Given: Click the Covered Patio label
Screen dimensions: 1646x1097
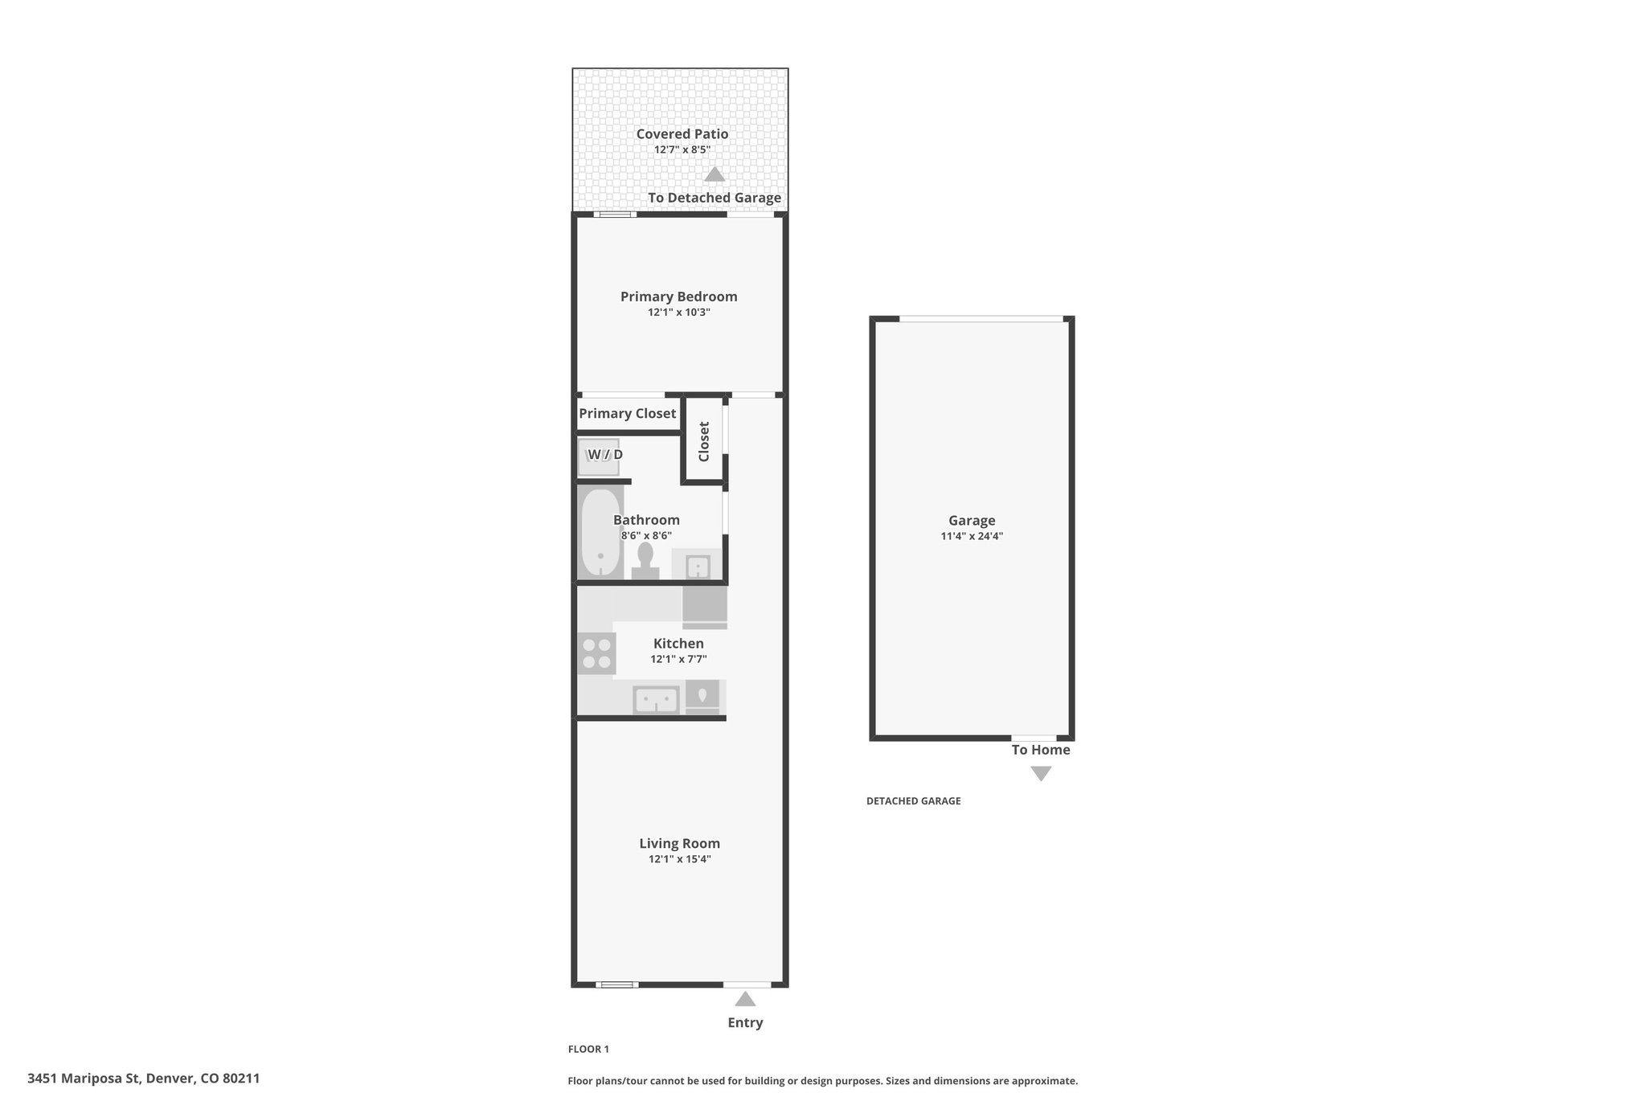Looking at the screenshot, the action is (x=682, y=134).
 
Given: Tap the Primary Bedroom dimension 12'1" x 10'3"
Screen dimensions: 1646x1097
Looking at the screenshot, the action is (x=679, y=313).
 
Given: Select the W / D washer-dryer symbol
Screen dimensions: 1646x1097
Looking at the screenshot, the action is (x=599, y=456).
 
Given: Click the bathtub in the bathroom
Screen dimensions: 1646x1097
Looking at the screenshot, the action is (x=600, y=532).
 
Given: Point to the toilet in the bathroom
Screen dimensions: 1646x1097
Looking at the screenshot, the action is (x=645, y=561).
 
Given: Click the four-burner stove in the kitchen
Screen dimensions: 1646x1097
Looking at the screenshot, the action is (x=596, y=653).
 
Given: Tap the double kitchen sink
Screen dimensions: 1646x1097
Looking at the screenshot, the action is (x=657, y=699).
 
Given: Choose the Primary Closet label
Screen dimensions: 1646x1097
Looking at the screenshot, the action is (x=628, y=414).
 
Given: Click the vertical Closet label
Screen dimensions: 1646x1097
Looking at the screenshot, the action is (x=704, y=441).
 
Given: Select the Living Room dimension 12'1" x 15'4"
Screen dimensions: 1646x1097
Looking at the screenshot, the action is (x=680, y=859).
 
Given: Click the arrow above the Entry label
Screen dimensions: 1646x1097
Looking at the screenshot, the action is (x=745, y=999).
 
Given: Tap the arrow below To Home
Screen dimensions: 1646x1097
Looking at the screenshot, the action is (x=1041, y=774).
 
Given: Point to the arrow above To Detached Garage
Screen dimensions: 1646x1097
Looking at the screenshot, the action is (x=714, y=174).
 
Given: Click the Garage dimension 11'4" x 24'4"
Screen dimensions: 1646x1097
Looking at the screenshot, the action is (x=972, y=536).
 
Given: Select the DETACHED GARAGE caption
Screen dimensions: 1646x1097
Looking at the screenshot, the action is (x=914, y=801).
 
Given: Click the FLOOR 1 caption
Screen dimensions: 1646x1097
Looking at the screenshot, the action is (x=589, y=1049).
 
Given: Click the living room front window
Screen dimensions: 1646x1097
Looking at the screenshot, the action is (x=617, y=984).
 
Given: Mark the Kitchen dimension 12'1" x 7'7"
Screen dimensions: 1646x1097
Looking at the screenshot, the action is (x=679, y=659).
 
